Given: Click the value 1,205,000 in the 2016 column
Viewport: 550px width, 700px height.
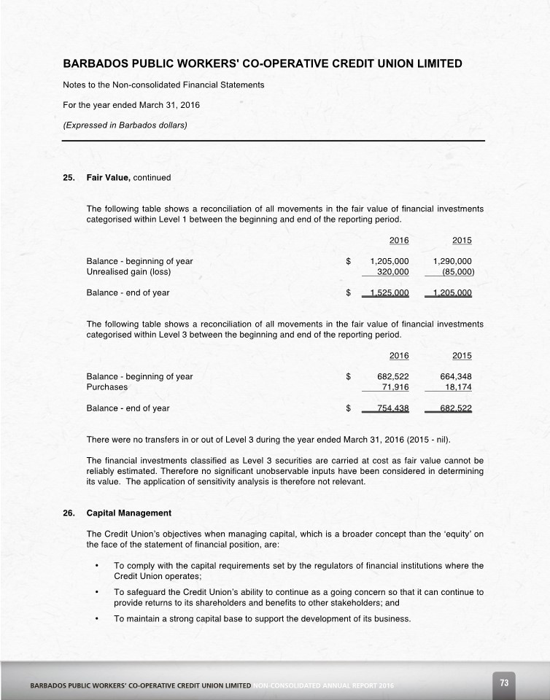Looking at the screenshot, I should click(x=390, y=261).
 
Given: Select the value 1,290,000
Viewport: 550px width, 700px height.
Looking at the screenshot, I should click(x=452, y=261).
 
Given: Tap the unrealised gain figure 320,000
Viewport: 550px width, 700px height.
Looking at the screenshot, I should click(x=392, y=272).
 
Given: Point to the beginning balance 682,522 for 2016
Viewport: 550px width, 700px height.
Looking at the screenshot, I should click(x=392, y=376).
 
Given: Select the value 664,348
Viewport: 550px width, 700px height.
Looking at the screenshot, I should click(x=456, y=376).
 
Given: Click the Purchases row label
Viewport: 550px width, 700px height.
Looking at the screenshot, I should click(x=107, y=387).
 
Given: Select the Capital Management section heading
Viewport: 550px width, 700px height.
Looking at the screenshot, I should click(x=128, y=513).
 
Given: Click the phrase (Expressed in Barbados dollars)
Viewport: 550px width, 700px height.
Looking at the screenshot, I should click(x=125, y=125).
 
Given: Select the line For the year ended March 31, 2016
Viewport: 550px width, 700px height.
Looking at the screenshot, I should click(x=131, y=105).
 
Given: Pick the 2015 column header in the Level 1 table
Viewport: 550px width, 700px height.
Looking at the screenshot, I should click(x=462, y=240).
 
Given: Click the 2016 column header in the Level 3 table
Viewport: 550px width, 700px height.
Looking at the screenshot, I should click(x=399, y=355).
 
